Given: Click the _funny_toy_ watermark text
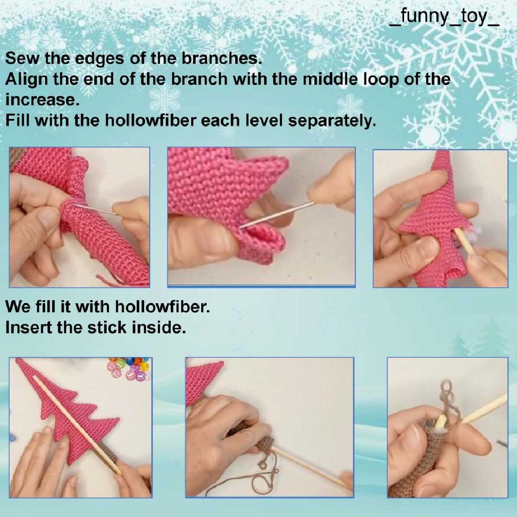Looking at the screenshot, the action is point(444,17).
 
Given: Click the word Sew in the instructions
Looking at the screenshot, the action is point(23,58).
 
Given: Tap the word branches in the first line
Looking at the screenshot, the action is point(222,58).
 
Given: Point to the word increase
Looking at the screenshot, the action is point(42,99).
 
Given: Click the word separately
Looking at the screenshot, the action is point(332,121).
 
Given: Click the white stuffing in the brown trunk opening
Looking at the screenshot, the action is point(440,423).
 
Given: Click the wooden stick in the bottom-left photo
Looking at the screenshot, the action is point(77,425).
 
